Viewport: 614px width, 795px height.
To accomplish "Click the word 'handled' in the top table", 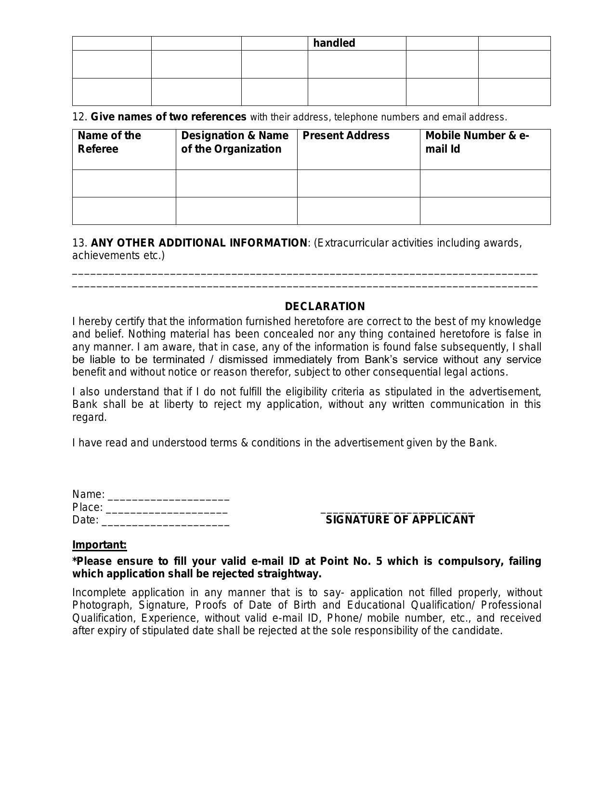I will (334, 43).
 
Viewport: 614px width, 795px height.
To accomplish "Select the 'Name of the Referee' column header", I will (109, 142).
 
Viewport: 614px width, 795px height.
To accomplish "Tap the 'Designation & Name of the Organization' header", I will (235, 142).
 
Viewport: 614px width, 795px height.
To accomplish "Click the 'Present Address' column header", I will (346, 136).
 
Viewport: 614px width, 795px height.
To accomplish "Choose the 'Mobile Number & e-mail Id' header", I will (477, 142).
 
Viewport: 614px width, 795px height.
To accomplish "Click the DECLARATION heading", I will (325, 307).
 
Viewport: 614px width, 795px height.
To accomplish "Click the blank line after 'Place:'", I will (167, 509).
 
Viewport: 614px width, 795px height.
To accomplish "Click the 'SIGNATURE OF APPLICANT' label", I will (400, 520).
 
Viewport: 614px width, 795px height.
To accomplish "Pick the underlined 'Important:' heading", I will (99, 545).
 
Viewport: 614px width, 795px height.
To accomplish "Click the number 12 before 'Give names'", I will (79, 117).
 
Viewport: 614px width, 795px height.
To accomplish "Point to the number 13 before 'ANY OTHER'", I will (79, 243).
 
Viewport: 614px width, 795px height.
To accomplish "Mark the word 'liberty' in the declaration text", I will (178, 404).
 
